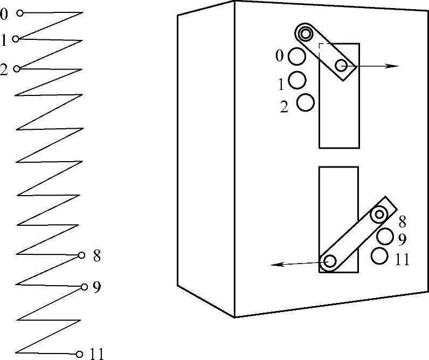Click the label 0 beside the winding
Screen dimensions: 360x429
(4, 13)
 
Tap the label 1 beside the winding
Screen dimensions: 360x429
(4, 40)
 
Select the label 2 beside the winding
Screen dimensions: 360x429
(4, 70)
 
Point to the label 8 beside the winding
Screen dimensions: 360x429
(97, 255)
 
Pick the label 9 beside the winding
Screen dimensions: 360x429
(97, 287)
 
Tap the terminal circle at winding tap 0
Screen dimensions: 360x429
(20, 13)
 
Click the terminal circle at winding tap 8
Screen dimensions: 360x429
(82, 255)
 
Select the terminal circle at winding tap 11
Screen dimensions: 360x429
(80, 354)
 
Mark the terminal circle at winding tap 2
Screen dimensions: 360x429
(17, 68)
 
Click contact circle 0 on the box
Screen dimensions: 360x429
(296, 56)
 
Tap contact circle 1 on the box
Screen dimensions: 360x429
(297, 80)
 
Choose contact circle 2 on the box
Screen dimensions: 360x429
(306, 102)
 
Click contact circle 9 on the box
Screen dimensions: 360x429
(385, 237)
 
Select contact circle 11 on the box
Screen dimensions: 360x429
(380, 256)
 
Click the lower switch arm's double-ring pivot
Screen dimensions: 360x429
(380, 214)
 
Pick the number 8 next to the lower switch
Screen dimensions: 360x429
(403, 221)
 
